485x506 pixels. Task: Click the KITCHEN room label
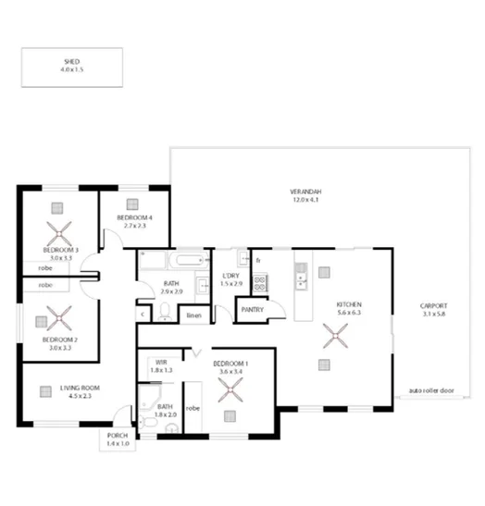click(348, 304)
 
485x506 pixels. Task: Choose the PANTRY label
click(253, 310)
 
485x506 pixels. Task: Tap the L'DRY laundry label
click(232, 277)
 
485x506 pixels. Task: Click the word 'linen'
click(193, 316)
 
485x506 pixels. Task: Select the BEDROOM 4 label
click(133, 218)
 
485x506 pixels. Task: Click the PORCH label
click(118, 436)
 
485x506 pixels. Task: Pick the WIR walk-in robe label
click(161, 363)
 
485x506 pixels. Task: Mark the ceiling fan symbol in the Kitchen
click(326, 338)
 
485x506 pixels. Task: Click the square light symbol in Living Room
click(44, 390)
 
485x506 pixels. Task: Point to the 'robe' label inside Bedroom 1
click(193, 406)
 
